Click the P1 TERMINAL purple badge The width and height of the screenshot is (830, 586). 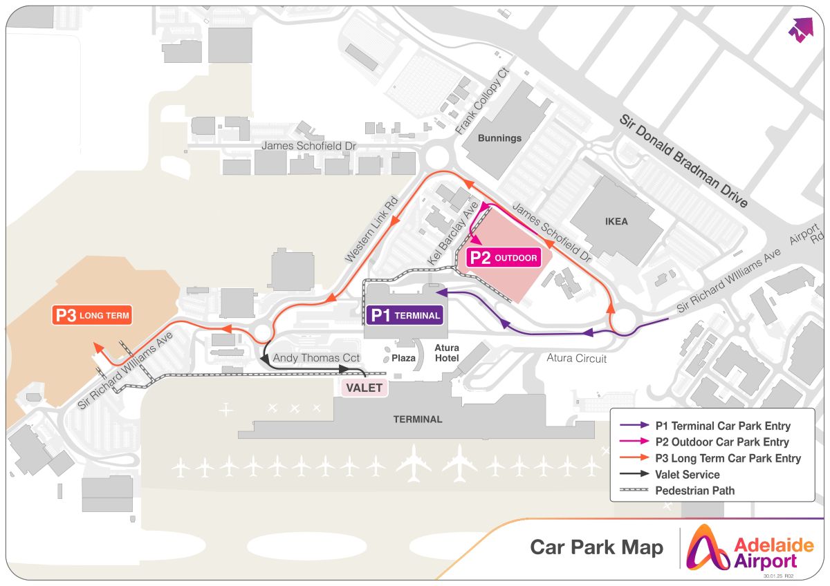point(404,315)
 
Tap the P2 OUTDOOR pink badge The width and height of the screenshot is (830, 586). point(504,258)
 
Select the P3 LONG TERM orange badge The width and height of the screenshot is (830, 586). point(92,315)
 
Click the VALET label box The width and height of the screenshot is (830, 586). point(365,388)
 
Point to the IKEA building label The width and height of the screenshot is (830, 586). point(616,221)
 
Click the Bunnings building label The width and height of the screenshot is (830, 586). point(499,138)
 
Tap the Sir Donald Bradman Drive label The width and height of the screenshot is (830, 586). point(683,161)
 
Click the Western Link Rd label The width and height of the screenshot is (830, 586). point(371,229)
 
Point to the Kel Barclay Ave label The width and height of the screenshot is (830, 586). point(452,233)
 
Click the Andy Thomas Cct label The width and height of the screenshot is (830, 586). point(316,358)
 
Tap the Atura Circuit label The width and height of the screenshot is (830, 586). point(577,358)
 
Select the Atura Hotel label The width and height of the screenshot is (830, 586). point(447,353)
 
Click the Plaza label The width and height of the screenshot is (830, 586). point(403,358)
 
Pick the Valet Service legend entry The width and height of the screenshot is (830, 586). point(670,474)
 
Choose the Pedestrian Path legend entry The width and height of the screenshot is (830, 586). point(677,491)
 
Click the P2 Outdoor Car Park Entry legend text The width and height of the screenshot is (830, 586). point(722,442)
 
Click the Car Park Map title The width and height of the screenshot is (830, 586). point(596,547)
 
